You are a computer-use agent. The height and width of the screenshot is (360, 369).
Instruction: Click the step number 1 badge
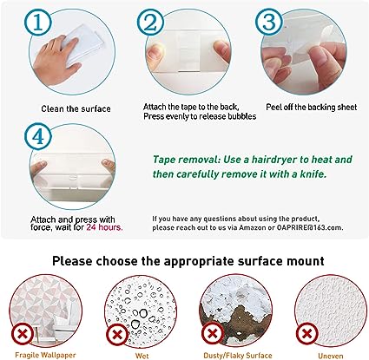coord(38,23)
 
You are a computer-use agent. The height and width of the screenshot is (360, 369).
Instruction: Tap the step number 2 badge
coord(150,23)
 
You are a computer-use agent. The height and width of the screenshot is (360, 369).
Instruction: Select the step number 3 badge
coord(269,22)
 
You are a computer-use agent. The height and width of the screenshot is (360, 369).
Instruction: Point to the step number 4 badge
coord(38,136)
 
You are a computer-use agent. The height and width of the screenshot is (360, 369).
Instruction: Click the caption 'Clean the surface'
coord(76,109)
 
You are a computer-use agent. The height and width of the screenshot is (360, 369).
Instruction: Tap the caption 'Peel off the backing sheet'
coord(312,108)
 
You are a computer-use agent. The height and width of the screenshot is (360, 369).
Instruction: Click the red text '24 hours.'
coord(104,227)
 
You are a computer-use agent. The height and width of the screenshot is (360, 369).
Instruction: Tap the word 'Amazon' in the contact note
coord(252,227)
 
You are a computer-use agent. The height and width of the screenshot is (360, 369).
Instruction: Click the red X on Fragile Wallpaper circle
coord(23,335)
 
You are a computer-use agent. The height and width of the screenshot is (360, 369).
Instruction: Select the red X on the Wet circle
coord(117,335)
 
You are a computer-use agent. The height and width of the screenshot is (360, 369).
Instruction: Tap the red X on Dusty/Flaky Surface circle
coord(213,334)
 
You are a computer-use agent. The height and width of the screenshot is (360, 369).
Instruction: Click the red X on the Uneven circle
coord(306,334)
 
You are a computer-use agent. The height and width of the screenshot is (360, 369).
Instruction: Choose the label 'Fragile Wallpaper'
coord(45,355)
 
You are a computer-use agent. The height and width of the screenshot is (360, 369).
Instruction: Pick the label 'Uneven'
coord(331,356)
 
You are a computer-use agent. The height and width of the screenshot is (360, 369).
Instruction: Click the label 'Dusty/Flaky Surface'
coord(238,356)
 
